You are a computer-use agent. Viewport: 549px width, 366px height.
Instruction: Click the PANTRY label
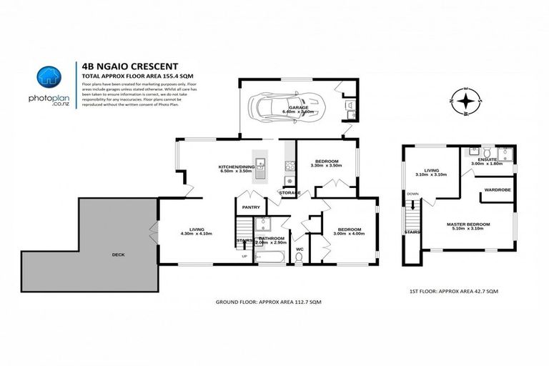(251, 207)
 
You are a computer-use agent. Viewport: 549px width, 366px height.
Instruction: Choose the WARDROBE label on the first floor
(497, 190)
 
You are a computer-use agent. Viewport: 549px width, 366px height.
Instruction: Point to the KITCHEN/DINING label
(237, 167)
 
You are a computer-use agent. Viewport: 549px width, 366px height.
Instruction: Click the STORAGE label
(289, 193)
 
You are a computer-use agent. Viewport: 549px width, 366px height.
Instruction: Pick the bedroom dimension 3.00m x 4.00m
(350, 234)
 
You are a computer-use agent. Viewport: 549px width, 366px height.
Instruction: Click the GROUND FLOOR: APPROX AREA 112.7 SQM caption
(269, 303)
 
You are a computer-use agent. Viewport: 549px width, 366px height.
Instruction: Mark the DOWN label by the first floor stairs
(412, 194)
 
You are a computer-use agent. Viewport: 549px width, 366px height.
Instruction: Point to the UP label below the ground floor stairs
(245, 255)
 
